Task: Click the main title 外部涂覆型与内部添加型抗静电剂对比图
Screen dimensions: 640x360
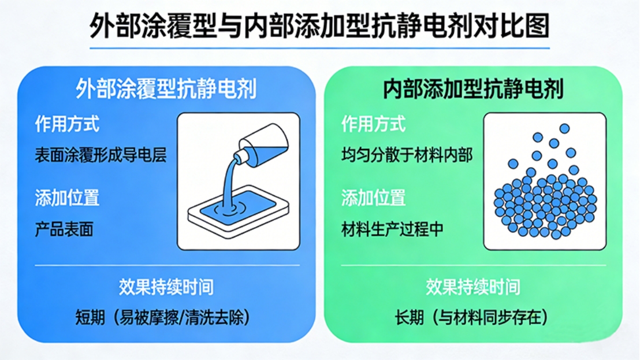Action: (x=319, y=25)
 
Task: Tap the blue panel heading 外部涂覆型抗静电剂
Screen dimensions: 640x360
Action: (x=166, y=88)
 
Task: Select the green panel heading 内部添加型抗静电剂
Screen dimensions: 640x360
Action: (x=473, y=88)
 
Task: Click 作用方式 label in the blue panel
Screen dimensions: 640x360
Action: (x=67, y=124)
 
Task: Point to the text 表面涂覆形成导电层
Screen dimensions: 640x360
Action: (x=101, y=155)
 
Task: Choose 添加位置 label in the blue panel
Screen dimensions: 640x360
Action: (x=67, y=198)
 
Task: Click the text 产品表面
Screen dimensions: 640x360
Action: (x=64, y=229)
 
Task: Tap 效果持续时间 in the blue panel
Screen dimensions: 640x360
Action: (x=166, y=287)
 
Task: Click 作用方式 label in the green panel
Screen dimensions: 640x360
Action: (x=374, y=124)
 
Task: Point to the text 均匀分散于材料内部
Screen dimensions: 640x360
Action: (x=407, y=155)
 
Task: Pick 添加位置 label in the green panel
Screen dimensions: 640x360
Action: (x=374, y=198)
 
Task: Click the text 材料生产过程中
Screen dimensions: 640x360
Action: (x=392, y=229)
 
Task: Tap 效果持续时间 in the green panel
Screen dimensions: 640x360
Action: (x=473, y=287)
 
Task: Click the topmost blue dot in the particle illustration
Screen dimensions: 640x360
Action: (x=564, y=128)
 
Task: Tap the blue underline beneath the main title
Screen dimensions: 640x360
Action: (x=319, y=48)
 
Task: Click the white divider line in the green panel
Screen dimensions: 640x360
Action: (x=474, y=265)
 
